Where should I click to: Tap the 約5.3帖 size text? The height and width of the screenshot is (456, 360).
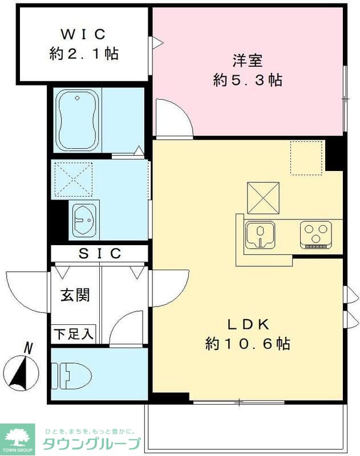click(x=248, y=80)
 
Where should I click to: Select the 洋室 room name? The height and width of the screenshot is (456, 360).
click(x=248, y=59)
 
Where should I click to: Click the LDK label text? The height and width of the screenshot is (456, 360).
click(x=248, y=324)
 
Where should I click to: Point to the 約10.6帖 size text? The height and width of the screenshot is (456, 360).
click(x=248, y=344)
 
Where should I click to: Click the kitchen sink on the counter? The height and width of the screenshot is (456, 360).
click(x=260, y=234)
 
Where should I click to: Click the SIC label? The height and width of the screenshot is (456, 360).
click(x=100, y=253)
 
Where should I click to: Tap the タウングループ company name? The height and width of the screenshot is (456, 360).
click(x=91, y=443)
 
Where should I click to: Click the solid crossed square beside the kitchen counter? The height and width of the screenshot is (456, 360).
click(x=263, y=198)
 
